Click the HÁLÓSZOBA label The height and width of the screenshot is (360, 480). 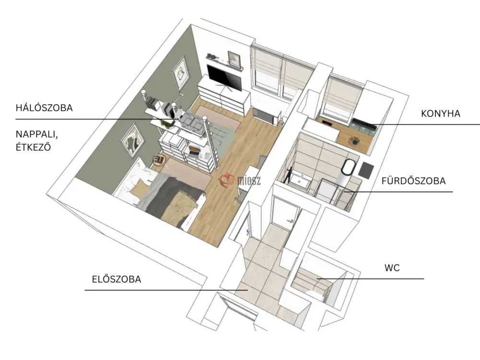pyautogui.click(x=44, y=108)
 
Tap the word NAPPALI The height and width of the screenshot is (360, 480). pyautogui.click(x=37, y=134)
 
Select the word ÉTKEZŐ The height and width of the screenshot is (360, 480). pyautogui.click(x=33, y=147)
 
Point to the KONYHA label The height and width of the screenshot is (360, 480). pyautogui.click(x=441, y=114)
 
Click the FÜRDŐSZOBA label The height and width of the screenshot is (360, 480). pyautogui.click(x=413, y=181)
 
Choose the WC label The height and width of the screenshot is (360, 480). pyautogui.click(x=392, y=268)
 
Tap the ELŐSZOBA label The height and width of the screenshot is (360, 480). pyautogui.click(x=116, y=279)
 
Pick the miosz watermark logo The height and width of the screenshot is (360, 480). pyautogui.click(x=240, y=180)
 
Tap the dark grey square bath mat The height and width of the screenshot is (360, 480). pyautogui.click(x=366, y=170)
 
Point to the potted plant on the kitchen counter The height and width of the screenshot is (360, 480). pyautogui.click(x=355, y=141)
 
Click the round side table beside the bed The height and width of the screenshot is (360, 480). pyautogui.click(x=159, y=159)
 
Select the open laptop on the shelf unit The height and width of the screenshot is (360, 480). pyautogui.click(x=194, y=151)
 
